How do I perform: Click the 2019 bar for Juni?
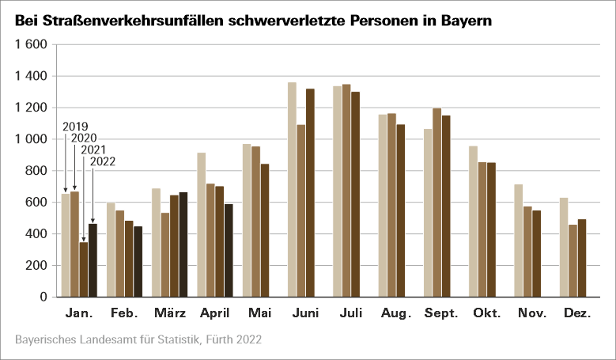292,190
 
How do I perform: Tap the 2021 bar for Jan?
83,270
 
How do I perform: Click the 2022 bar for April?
229,250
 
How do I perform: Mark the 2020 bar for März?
164,255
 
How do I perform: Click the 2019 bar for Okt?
473,222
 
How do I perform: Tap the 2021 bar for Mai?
265,230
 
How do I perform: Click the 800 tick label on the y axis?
36,171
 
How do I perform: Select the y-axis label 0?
44,297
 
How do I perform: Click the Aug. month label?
395,314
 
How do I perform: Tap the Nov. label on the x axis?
532,314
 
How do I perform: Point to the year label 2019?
74,127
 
